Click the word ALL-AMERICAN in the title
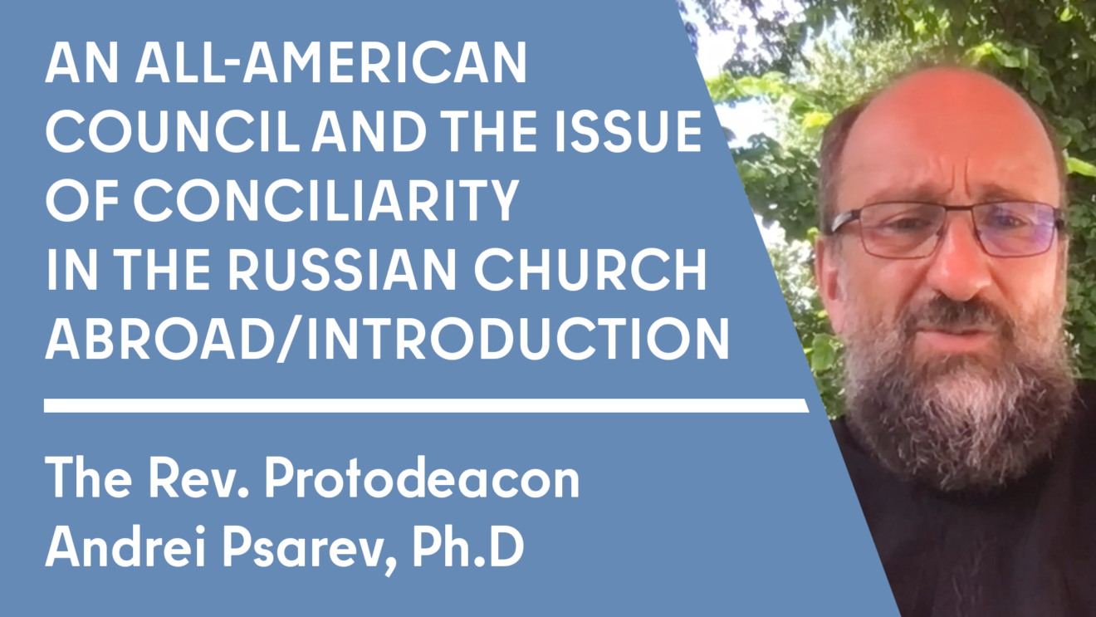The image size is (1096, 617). point(324,64)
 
